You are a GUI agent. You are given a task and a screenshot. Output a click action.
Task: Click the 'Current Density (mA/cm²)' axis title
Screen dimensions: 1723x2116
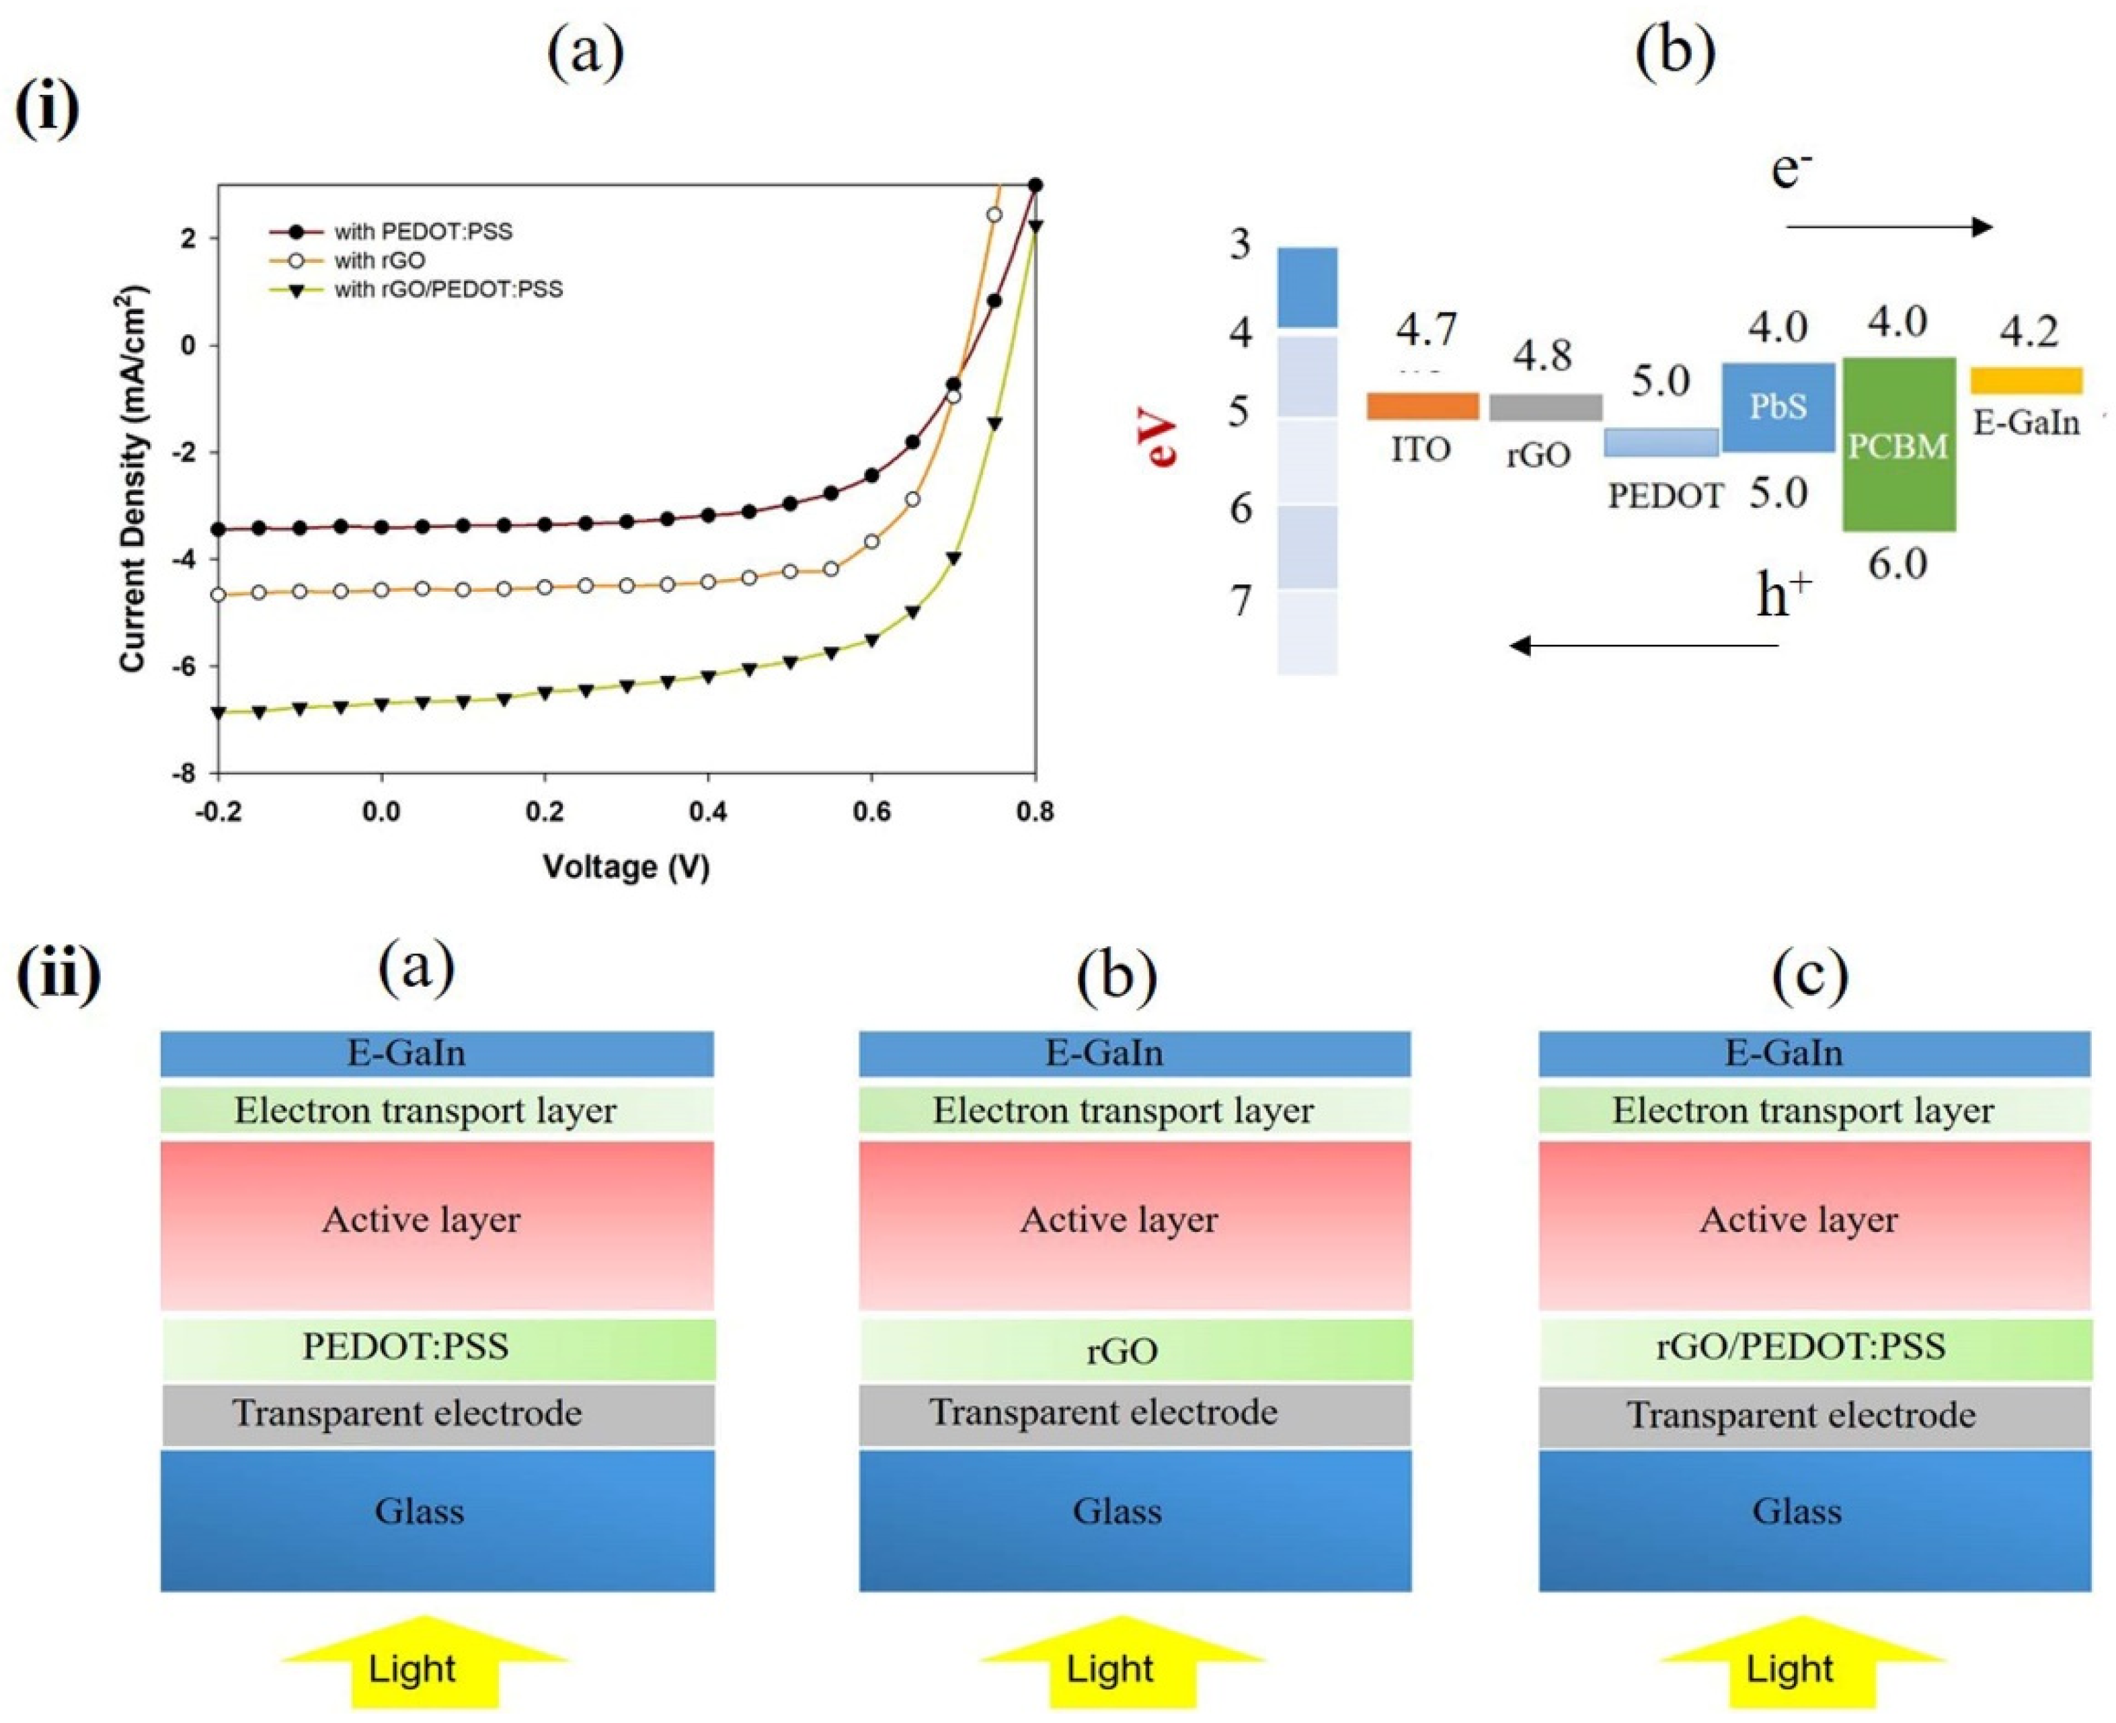click(134, 480)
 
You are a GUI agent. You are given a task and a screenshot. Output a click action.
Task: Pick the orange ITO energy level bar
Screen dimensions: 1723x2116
click(1423, 406)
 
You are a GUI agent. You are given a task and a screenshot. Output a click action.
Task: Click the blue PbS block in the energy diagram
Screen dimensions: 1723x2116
click(1778, 407)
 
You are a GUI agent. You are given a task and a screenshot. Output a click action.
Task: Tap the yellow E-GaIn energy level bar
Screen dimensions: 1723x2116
click(2026, 380)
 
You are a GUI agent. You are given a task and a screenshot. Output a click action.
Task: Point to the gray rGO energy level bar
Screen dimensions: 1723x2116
click(1544, 407)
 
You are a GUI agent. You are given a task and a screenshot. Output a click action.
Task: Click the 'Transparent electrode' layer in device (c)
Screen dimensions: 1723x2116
click(1814, 1415)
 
